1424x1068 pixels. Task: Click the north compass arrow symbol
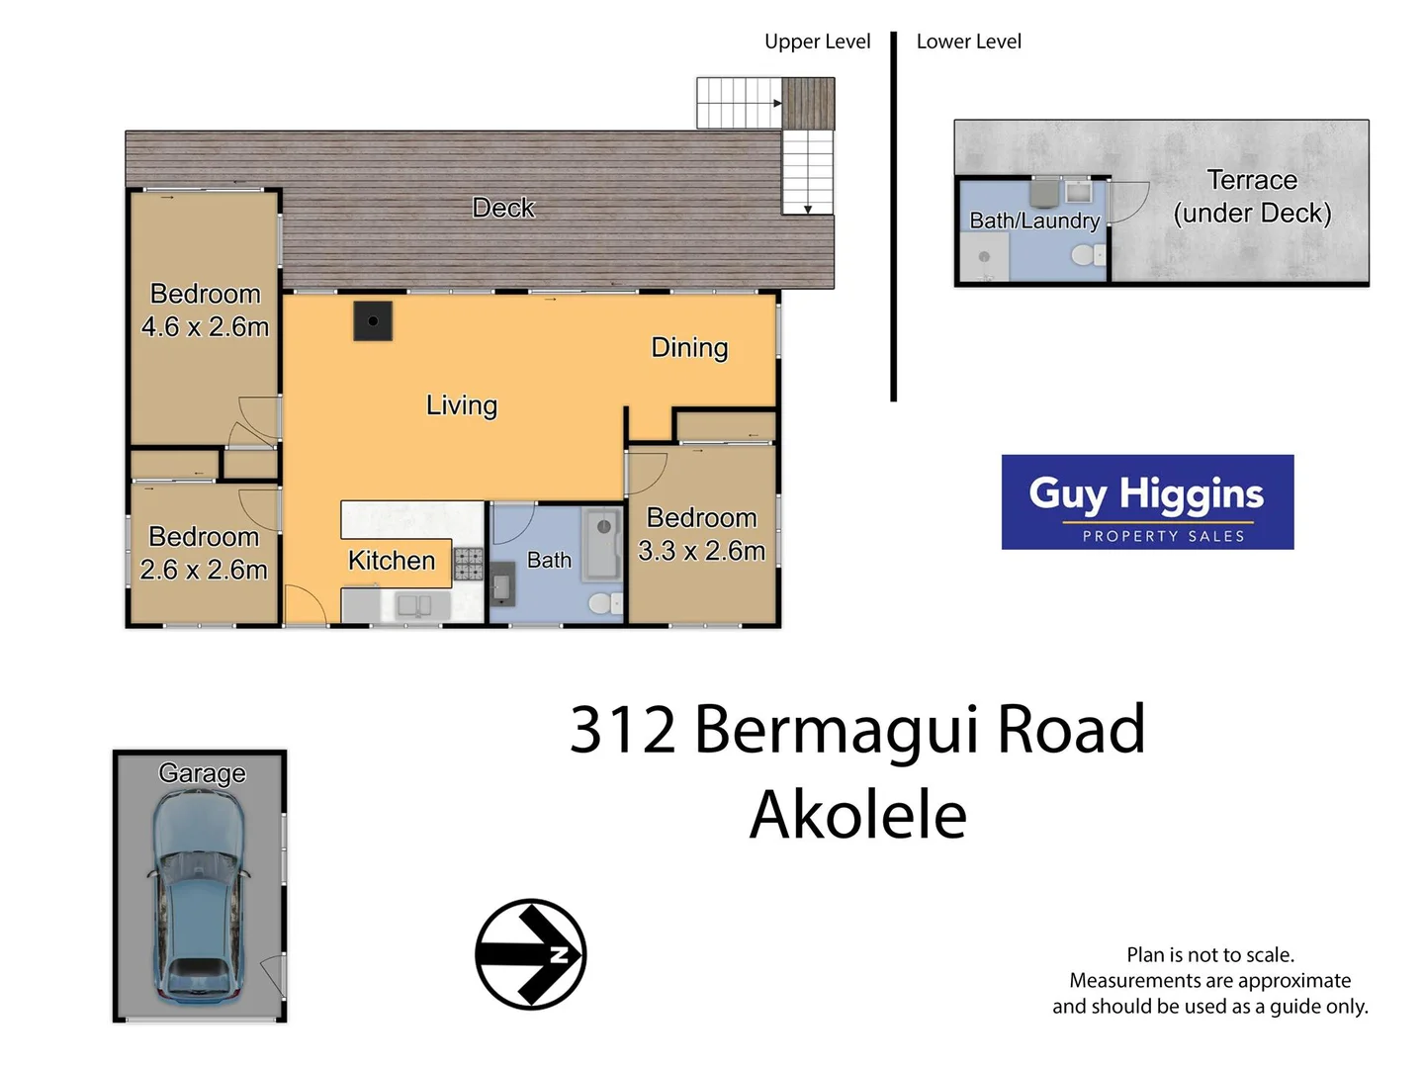[x=531, y=954]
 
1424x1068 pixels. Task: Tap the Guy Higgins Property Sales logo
[x=1147, y=502]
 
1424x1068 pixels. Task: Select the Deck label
[x=503, y=208]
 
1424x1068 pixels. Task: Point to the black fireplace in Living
[x=373, y=321]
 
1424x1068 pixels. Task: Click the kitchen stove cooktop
[x=469, y=564]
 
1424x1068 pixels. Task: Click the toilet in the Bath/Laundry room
[x=1085, y=256]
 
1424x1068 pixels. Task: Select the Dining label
[x=689, y=347]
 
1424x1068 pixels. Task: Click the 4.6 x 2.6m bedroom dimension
[x=205, y=326]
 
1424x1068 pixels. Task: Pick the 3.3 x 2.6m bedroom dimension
[x=701, y=551]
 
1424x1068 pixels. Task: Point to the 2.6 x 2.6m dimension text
[x=204, y=570]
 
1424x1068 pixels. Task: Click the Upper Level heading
[x=817, y=42]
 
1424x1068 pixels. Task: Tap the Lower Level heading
[x=968, y=42]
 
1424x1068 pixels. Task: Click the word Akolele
[x=857, y=815]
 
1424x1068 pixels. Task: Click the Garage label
[x=202, y=772]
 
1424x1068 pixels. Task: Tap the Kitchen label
[x=392, y=561]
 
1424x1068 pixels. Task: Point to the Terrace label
[x=1252, y=180]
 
